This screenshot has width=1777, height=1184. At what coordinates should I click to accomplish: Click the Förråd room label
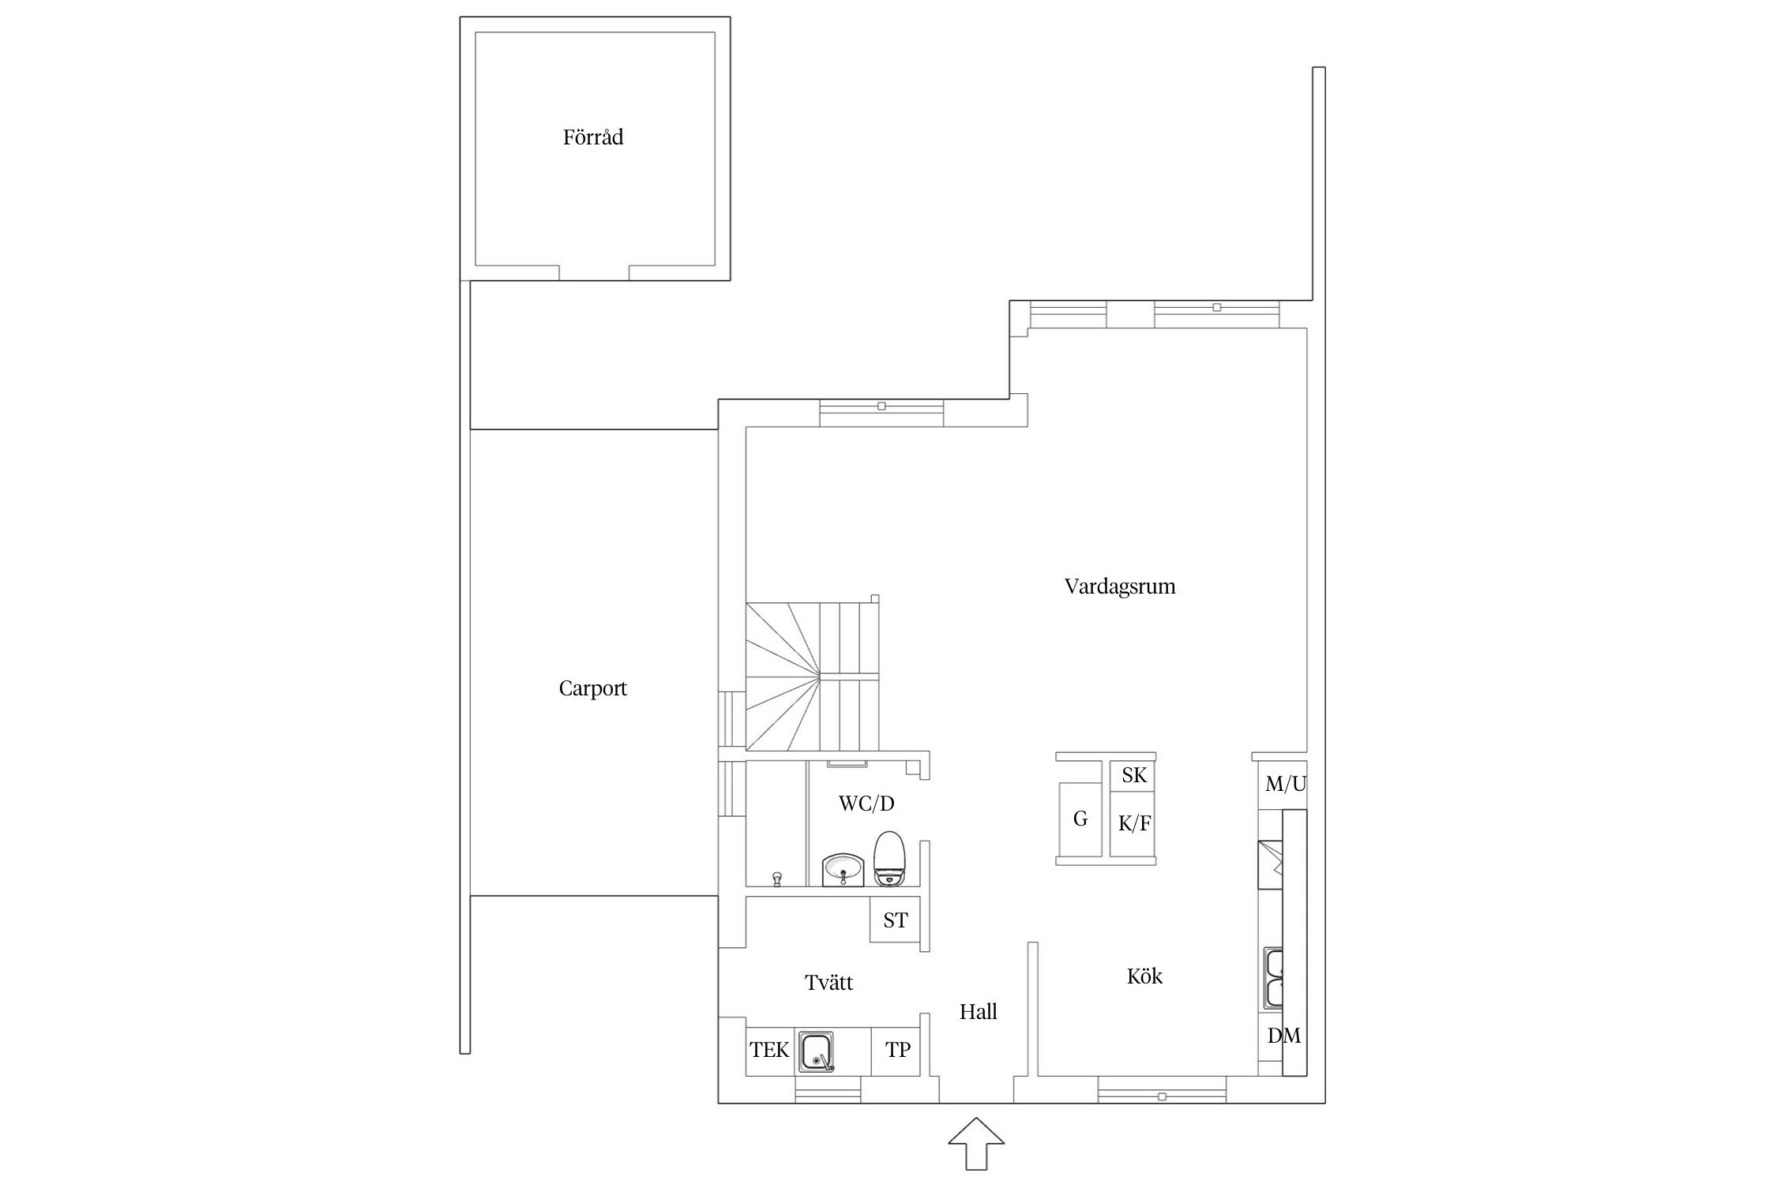pyautogui.click(x=593, y=137)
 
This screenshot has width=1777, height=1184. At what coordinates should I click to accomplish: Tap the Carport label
pyautogui.click(x=592, y=688)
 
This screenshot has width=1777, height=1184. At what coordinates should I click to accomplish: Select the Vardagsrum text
pyautogui.click(x=1120, y=586)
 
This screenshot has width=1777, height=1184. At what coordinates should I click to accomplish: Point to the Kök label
pyautogui.click(x=1144, y=976)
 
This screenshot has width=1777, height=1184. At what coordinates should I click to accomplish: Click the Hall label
pyautogui.click(x=979, y=1012)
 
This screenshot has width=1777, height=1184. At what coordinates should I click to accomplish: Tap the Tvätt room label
pyautogui.click(x=829, y=983)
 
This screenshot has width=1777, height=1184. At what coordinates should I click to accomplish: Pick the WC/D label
pyautogui.click(x=866, y=804)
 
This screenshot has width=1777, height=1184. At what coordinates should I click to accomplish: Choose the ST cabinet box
pyautogui.click(x=895, y=920)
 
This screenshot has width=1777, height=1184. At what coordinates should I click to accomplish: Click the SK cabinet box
pyautogui.click(x=1133, y=775)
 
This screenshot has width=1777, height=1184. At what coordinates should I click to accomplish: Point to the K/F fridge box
pyautogui.click(x=1133, y=824)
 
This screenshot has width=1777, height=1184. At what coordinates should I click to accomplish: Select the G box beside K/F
pyautogui.click(x=1080, y=819)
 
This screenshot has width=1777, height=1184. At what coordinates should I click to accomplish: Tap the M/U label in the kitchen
pyautogui.click(x=1286, y=784)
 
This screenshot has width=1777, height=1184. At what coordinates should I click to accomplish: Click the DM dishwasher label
pyautogui.click(x=1284, y=1036)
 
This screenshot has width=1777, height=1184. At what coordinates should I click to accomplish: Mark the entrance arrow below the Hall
pyautogui.click(x=976, y=1144)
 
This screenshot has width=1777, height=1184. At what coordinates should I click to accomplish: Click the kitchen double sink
pyautogui.click(x=1273, y=979)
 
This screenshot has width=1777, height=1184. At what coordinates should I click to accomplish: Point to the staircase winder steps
pyautogui.click(x=783, y=676)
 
